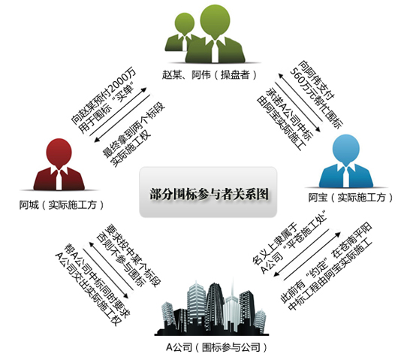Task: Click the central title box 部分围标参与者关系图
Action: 208,192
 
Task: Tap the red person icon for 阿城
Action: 59,164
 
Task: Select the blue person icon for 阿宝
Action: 346,161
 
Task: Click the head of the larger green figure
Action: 215,21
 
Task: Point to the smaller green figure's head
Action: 185,24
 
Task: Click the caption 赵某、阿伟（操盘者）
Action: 210,75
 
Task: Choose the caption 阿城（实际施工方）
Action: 62,204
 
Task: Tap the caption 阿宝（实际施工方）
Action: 351,197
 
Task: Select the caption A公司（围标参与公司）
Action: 216,346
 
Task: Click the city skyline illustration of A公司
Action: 212,308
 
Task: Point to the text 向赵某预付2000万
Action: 104,96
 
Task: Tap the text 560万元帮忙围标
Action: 317,98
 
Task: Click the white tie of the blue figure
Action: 346,177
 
